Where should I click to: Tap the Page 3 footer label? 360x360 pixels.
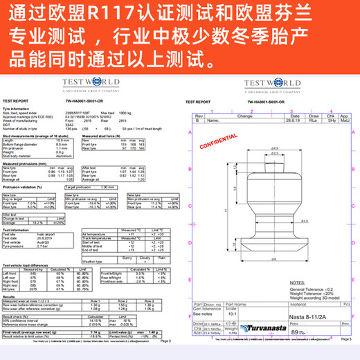coord(164,341)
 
